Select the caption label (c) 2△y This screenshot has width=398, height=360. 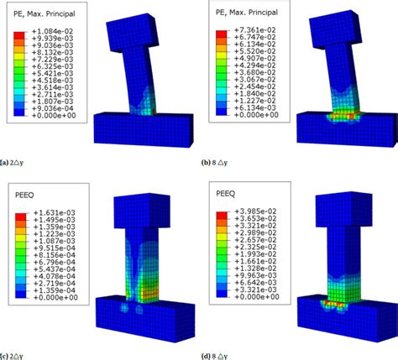click(17, 352)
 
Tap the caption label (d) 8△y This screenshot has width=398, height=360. click(220, 352)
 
